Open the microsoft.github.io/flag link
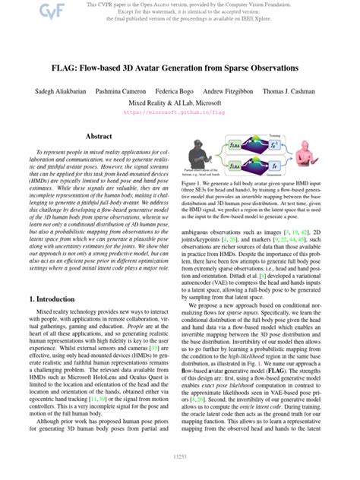(x=180, y=111)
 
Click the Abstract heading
(x=99, y=137)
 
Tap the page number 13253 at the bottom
(x=180, y=455)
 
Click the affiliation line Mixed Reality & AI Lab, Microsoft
(x=180, y=100)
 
